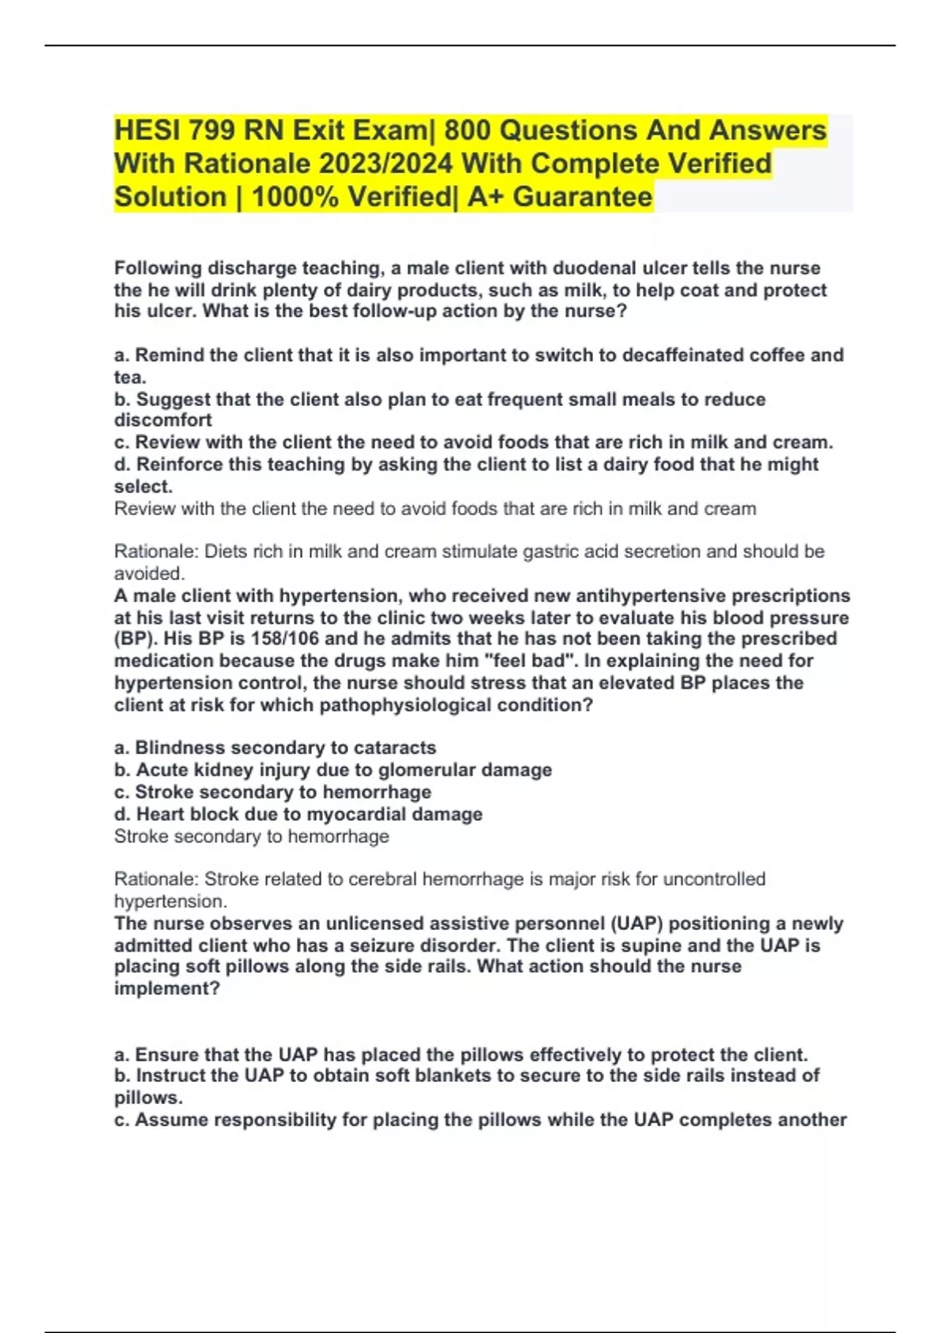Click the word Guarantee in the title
tap(583, 197)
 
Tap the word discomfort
tap(163, 420)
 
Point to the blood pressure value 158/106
tap(285, 639)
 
